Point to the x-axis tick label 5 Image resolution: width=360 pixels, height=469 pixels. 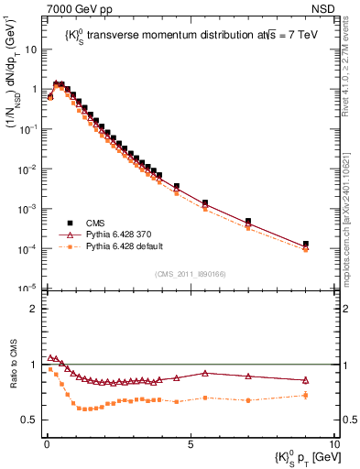190,442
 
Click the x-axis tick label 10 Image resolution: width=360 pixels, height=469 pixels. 333,442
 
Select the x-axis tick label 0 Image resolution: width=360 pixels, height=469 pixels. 46,442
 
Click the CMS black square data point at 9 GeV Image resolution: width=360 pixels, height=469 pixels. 306,245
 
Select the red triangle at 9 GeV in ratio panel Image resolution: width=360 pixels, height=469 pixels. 306,380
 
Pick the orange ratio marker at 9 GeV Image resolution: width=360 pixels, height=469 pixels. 306,396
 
